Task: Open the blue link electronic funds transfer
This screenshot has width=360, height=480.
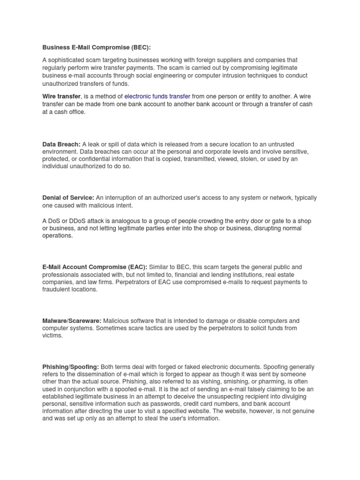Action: click(157, 96)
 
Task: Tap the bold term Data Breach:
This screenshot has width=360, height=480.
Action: click(61, 144)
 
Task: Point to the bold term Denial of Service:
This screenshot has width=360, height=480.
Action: click(68, 198)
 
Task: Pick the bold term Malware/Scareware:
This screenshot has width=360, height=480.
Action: click(72, 321)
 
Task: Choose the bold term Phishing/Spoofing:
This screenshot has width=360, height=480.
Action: click(71, 367)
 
